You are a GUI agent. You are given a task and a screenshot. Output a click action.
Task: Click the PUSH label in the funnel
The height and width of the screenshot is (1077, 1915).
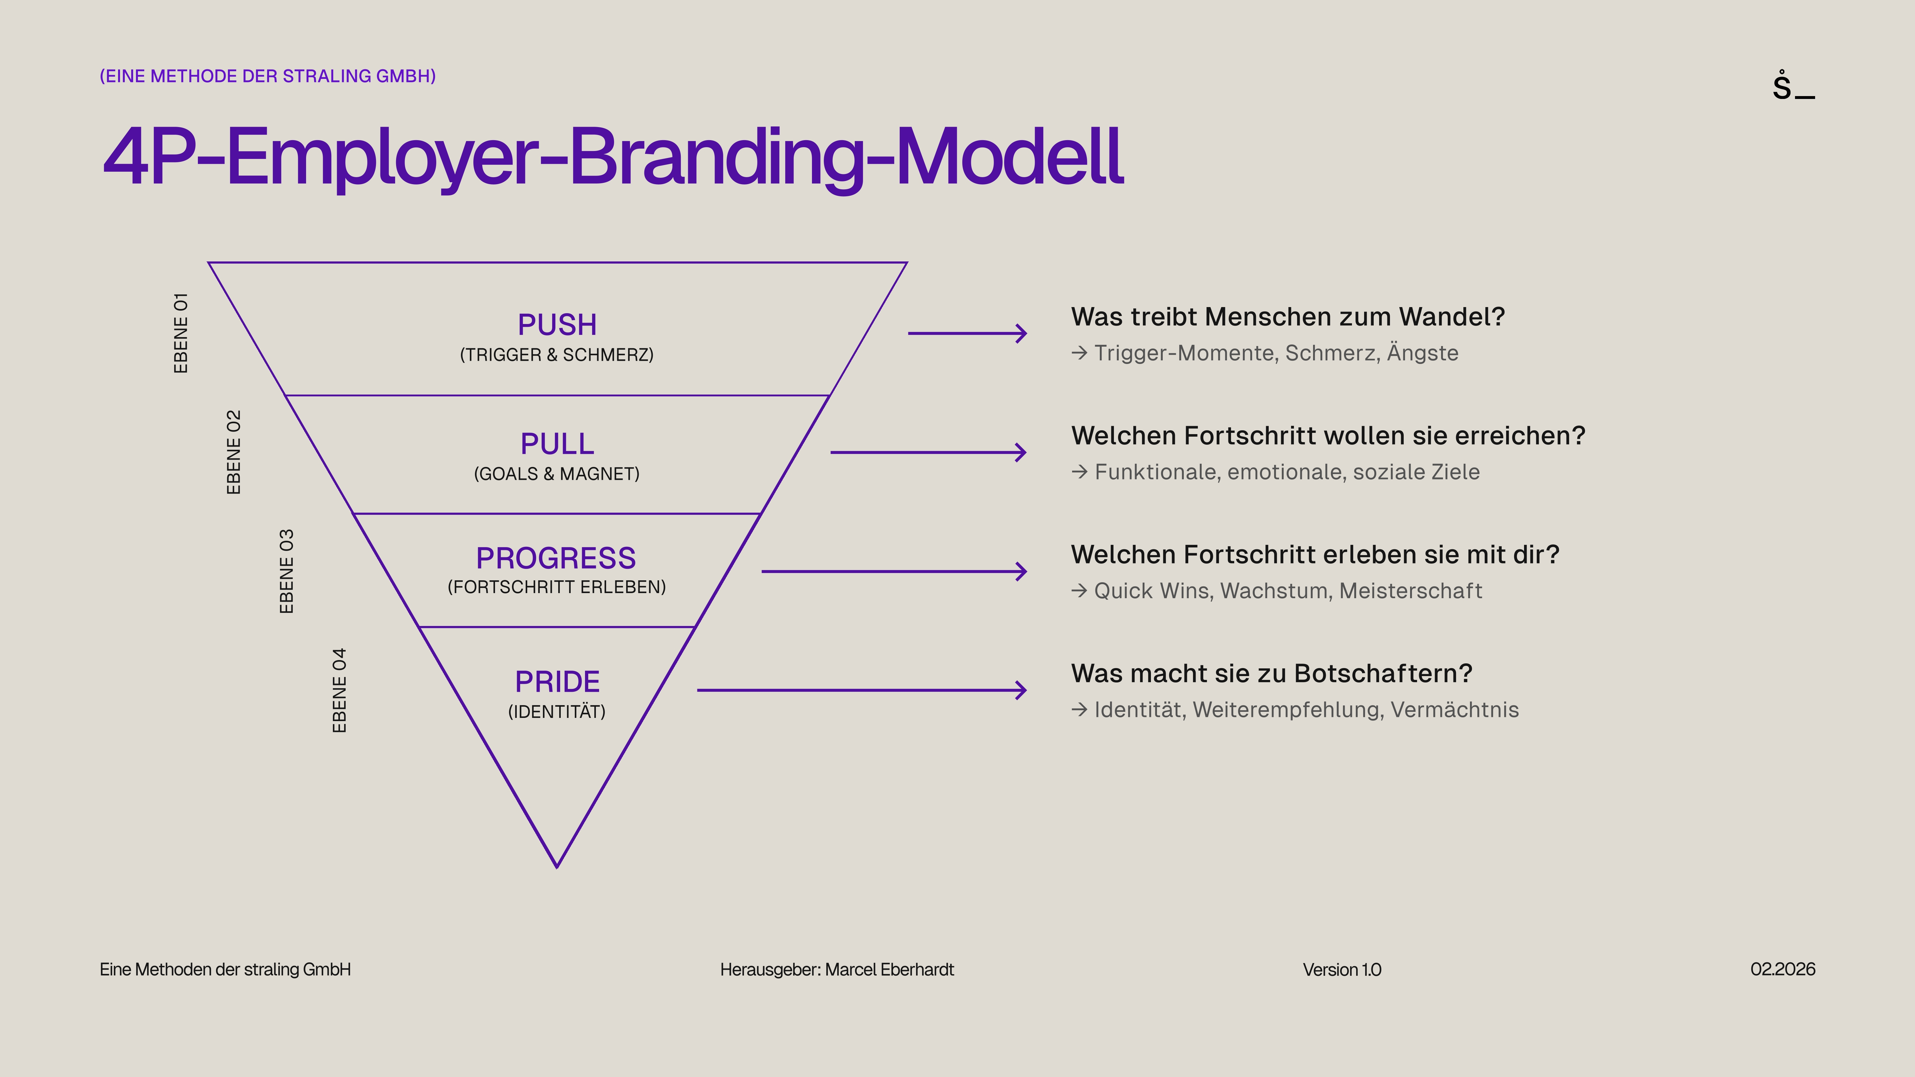[557, 325]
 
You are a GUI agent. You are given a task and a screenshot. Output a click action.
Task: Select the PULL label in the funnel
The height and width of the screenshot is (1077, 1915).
[557, 444]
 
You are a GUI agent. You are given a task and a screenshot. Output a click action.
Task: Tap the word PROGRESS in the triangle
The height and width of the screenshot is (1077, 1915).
[556, 558]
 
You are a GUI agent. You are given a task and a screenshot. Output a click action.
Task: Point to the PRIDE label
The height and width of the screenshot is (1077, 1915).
[557, 682]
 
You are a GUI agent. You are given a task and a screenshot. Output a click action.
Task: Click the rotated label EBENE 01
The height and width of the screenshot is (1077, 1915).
[181, 333]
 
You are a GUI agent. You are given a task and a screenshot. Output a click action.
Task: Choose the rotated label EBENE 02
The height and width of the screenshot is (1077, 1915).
[233, 452]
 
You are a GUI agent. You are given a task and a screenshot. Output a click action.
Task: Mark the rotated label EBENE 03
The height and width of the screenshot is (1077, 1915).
[286, 571]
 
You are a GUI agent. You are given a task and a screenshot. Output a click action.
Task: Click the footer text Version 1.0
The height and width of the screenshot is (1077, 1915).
[1342, 970]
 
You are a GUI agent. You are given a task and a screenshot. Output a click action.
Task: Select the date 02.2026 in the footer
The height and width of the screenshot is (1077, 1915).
[1783, 969]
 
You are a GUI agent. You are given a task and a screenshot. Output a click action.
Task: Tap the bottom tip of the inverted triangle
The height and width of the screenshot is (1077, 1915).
[557, 865]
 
